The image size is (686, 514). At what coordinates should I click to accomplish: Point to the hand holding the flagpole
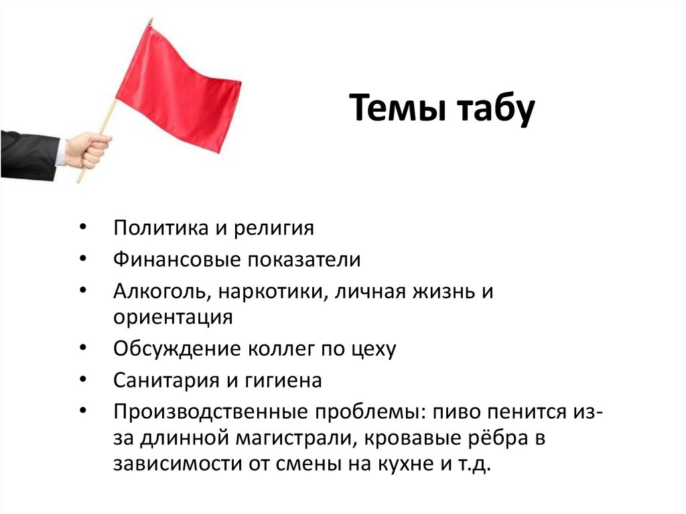pos(88,149)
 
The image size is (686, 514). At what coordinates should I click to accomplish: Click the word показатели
pos(304,259)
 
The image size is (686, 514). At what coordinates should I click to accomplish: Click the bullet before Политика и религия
pos(82,227)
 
